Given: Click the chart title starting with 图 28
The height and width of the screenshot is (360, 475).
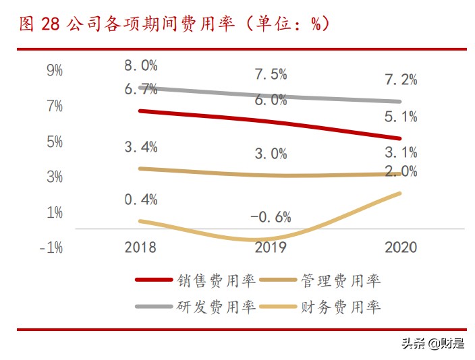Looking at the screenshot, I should (x=174, y=24).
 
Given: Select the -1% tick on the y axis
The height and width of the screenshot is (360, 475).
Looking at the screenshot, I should (x=51, y=247).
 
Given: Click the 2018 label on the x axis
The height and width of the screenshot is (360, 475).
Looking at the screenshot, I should (x=140, y=247).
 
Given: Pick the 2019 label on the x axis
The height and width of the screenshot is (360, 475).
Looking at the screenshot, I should (x=271, y=247).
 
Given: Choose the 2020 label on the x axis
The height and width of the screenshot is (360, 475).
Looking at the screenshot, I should (x=401, y=247).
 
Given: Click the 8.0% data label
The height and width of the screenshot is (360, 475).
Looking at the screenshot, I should (x=141, y=65).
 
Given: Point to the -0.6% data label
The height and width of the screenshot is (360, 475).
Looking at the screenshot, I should (x=271, y=217).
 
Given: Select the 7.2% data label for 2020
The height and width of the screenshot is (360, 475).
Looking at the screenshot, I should (x=401, y=80).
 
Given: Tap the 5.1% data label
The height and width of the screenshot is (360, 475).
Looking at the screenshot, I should (x=401, y=117).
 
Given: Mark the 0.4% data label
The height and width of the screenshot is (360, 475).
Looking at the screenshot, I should (x=141, y=200).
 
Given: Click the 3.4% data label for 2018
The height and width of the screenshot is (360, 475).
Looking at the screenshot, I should (x=141, y=146).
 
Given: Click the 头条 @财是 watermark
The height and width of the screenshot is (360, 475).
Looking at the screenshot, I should (x=432, y=344).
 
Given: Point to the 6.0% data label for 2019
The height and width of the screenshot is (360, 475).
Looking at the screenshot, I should (x=271, y=100).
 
